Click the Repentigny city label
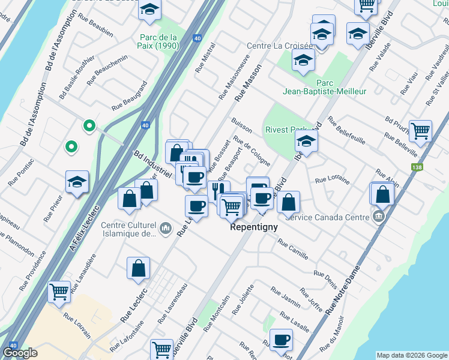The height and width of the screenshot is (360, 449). pyautogui.click(x=254, y=228)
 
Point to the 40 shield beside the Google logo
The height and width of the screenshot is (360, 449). pyautogui.click(x=13, y=346)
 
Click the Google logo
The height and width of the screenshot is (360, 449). pyautogui.click(x=20, y=353)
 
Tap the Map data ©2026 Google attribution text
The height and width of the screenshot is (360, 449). pyautogui.click(x=412, y=355)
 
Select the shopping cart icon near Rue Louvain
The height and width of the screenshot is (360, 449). pyautogui.click(x=59, y=292)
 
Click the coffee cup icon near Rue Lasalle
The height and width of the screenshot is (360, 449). pyautogui.click(x=281, y=341)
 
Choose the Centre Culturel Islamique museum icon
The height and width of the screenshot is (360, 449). pyautogui.click(x=166, y=229)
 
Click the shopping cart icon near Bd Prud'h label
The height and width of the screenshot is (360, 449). pyautogui.click(x=421, y=130)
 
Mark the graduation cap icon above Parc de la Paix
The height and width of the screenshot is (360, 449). pyautogui.click(x=149, y=9)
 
